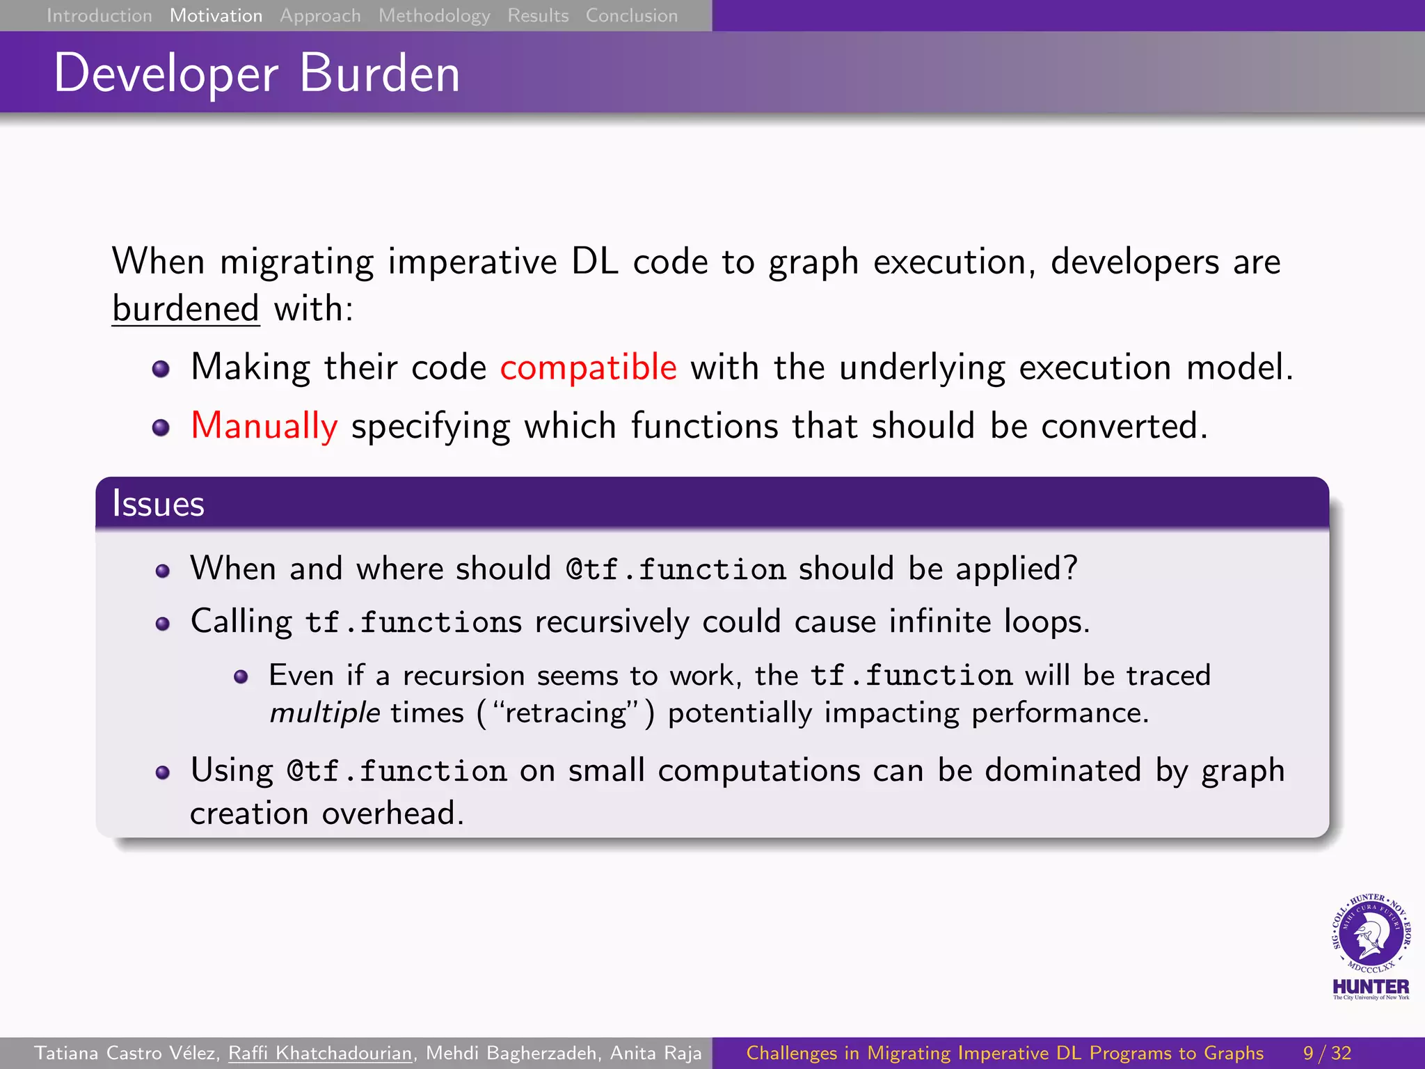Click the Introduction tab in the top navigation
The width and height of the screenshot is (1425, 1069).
99,15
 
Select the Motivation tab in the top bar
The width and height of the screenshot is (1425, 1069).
216,15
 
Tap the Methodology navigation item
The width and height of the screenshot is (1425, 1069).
434,15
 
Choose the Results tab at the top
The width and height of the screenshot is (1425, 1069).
538,15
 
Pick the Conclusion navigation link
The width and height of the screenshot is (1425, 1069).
631,15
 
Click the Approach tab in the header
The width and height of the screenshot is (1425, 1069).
320,15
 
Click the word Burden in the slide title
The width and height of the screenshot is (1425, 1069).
379,73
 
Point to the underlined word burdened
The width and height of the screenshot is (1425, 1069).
186,308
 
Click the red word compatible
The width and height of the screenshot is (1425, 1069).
588,367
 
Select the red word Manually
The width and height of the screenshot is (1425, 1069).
264,425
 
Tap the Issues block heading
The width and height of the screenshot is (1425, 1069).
158,503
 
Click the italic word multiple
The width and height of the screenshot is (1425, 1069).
324,713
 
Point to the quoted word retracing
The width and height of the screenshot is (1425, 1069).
566,713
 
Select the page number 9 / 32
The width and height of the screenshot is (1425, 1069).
1327,1053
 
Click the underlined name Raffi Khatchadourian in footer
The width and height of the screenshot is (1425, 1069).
320,1053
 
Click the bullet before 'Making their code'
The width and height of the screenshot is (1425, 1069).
161,368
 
